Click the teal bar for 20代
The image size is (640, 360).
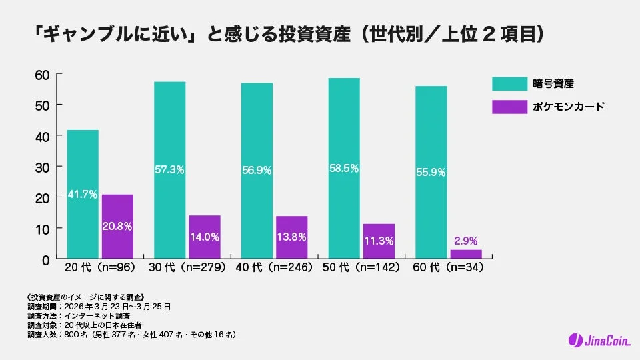82,194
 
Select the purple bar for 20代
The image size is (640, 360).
117,227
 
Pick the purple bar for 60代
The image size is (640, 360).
465,254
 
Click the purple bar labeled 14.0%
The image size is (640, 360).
204,237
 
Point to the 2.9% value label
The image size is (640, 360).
465,241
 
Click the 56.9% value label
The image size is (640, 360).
257,170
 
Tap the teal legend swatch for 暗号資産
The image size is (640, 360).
509,83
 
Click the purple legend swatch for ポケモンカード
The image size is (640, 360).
509,107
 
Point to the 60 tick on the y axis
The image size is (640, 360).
42,74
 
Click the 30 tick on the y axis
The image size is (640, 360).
42,167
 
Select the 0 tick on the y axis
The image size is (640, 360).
45,259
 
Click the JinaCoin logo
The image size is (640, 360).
599,340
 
